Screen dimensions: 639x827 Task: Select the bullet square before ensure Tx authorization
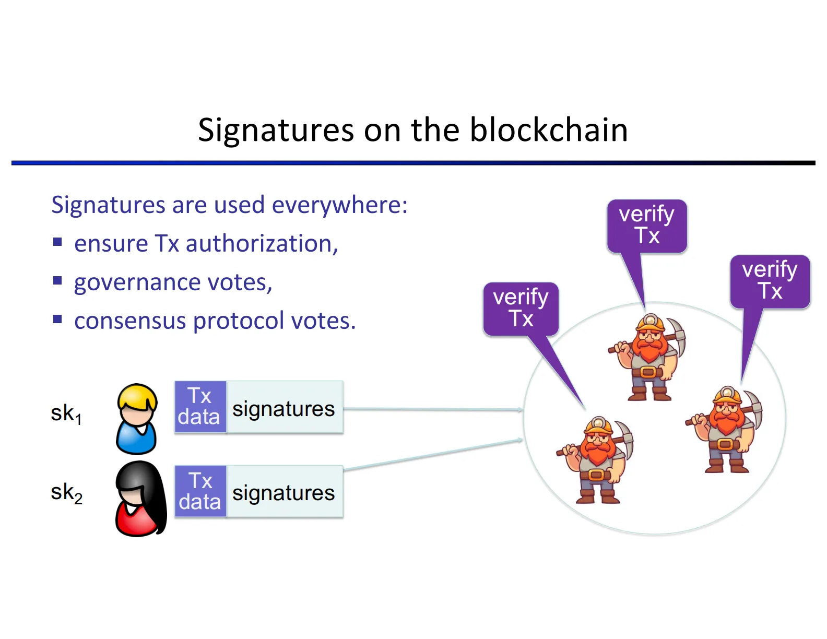pos(57,242)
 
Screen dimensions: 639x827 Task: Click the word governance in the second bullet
pos(137,282)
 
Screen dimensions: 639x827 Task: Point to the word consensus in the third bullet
pos(129,321)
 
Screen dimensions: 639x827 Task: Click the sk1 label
pos(66,413)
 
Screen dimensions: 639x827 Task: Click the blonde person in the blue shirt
pos(137,419)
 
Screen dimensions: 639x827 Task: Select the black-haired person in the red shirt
pos(140,499)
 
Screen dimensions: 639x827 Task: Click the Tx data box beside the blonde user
pos(200,407)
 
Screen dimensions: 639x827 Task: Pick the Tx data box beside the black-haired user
pos(200,491)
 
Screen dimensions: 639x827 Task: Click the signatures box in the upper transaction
pos(284,408)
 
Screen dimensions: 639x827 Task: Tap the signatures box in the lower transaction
pos(284,492)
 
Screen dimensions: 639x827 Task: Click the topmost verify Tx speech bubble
pos(647,226)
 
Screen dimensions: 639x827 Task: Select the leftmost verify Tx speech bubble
pos(521,308)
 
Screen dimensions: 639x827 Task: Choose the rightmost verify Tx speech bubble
pos(770,280)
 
